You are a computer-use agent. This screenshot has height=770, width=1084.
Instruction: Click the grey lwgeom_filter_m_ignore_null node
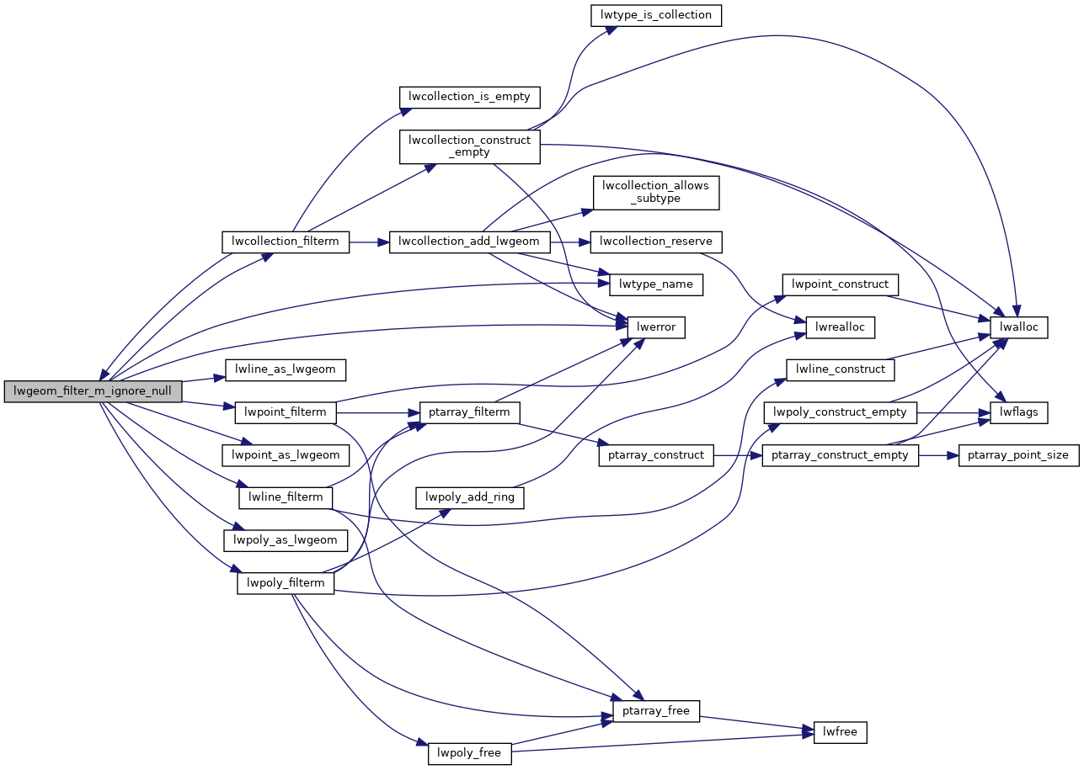(x=93, y=391)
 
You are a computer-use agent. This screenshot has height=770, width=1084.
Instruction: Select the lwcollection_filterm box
(x=286, y=242)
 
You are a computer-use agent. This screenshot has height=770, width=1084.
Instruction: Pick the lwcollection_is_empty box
(x=469, y=96)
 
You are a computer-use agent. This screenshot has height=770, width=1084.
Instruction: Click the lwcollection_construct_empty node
(x=469, y=146)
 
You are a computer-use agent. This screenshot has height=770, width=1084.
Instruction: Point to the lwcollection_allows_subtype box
(x=655, y=192)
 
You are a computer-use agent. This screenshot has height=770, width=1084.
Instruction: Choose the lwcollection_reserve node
(x=656, y=242)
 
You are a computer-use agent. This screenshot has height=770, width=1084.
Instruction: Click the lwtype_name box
(x=656, y=284)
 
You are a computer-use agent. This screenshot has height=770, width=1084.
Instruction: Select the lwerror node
(x=656, y=326)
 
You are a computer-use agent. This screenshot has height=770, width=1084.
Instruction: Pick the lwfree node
(x=840, y=731)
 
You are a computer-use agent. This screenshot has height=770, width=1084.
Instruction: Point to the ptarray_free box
(x=656, y=710)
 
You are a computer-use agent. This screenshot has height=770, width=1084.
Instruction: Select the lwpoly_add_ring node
(x=469, y=497)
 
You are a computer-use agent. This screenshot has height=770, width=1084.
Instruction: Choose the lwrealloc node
(x=840, y=326)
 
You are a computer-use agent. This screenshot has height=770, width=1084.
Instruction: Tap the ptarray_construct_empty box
(x=840, y=455)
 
